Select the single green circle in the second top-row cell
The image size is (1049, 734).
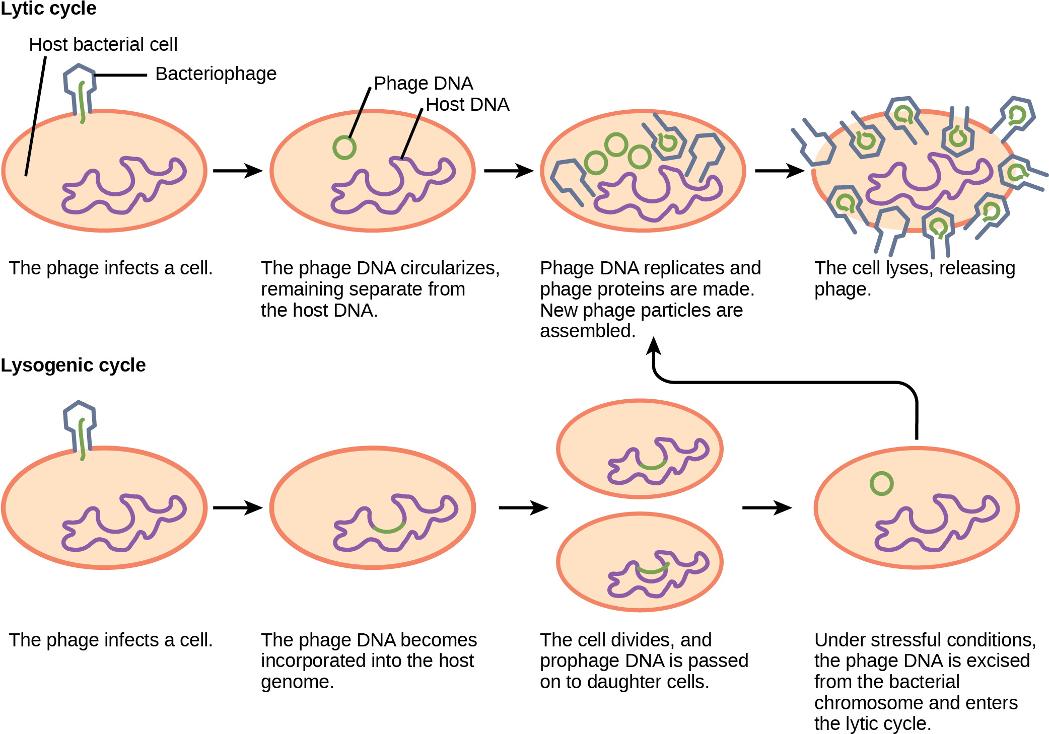click(344, 148)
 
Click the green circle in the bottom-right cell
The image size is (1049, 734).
click(881, 484)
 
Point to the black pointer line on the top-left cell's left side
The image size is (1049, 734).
click(30, 151)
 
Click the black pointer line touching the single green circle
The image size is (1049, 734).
click(356, 123)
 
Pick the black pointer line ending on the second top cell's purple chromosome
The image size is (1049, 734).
click(410, 137)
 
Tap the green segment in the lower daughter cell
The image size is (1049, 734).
click(653, 570)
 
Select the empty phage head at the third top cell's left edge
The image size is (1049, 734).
click(568, 176)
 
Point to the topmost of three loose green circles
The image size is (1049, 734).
click(616, 145)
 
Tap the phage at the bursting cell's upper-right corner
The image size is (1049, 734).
click(1017, 115)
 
